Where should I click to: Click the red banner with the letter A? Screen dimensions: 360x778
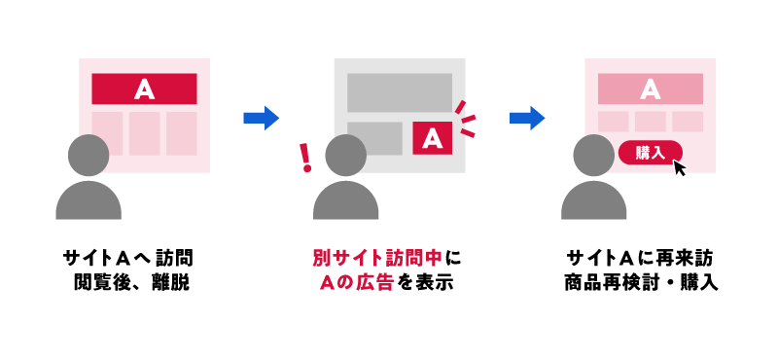coord(144,90)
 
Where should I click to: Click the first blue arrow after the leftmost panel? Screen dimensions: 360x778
coord(261,118)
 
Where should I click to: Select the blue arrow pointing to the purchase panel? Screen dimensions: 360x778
coord(526,118)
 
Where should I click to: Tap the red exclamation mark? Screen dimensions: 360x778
coord(306,156)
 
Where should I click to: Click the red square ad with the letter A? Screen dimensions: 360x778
coord(434,137)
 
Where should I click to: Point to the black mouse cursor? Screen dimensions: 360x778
coord(679,167)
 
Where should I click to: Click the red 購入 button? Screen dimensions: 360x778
coord(650,152)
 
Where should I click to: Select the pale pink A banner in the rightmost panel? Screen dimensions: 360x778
coord(651,90)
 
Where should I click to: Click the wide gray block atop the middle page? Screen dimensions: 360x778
coord(400,91)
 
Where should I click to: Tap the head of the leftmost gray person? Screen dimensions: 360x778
coord(88,155)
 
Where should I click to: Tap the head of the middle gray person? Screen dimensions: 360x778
coord(345,155)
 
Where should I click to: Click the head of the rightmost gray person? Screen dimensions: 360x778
coord(594,155)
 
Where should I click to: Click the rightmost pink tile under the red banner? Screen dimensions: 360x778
coord(181,133)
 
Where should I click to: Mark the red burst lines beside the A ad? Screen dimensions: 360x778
coord(467,116)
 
